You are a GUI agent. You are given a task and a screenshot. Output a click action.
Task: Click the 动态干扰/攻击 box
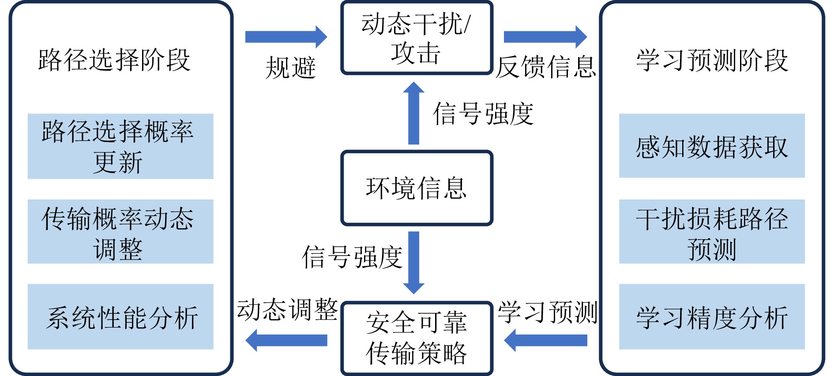point(417,38)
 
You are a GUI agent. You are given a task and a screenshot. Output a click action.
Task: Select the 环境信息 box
point(417,188)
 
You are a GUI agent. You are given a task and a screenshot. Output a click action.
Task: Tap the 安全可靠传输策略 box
point(417,338)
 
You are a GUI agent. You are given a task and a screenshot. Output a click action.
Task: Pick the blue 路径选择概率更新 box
point(120,146)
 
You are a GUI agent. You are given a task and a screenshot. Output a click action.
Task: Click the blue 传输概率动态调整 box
point(120,231)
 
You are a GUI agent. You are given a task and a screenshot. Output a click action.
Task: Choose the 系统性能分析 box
point(120,316)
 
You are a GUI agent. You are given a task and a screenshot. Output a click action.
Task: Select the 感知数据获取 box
point(711,146)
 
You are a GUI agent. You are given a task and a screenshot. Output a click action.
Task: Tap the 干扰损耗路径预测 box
point(711,231)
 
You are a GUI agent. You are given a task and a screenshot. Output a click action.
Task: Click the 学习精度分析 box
point(711,316)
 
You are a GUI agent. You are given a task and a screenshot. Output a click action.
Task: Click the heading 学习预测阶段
point(711,60)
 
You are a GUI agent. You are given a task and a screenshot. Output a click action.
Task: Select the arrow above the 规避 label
point(286,37)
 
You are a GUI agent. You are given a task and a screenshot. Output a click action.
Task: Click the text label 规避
point(290,68)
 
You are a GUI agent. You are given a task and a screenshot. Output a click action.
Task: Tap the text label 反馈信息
point(545,67)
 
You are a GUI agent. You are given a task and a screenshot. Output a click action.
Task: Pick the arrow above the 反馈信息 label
point(545,37)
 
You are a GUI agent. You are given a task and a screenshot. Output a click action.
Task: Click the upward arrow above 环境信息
point(413,113)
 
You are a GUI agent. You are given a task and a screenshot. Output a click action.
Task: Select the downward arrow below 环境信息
point(413,263)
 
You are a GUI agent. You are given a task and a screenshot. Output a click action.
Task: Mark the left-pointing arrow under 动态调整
point(286,340)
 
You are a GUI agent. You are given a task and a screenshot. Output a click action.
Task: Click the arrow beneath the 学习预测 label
point(545,340)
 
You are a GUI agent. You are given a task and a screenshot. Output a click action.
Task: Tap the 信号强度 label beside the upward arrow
point(483,113)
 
